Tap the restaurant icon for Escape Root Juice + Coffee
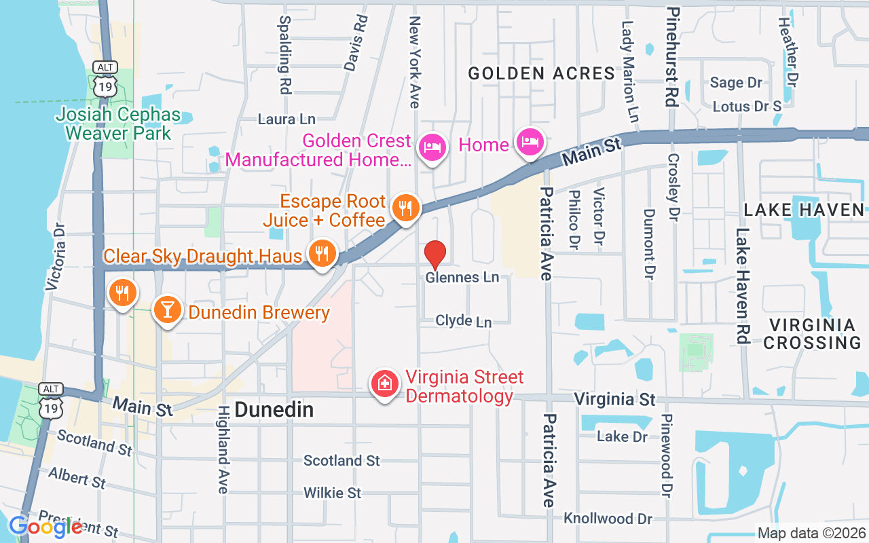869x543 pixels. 406,208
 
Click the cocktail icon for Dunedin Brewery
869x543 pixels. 166,310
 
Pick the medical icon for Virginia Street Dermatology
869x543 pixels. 384,383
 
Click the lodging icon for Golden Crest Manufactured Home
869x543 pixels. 432,146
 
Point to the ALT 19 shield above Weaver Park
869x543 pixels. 106,78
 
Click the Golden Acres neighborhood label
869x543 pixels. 542,73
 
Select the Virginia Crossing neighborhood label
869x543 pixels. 813,333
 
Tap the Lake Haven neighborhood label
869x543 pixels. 804,210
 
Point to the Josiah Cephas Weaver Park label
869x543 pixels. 118,123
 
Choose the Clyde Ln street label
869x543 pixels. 464,320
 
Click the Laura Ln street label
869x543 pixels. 286,119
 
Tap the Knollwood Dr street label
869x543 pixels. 608,519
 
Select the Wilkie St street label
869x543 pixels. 333,493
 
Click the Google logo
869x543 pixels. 45,526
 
